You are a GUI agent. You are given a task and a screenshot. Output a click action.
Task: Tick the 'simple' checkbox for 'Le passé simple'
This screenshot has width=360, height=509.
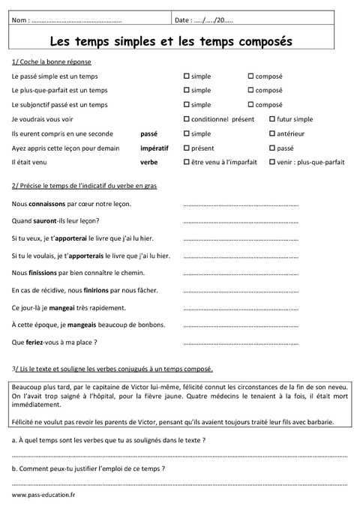pyautogui.click(x=186, y=76)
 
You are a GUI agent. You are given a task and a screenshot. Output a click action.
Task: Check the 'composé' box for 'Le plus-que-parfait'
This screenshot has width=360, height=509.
pyautogui.click(x=250, y=91)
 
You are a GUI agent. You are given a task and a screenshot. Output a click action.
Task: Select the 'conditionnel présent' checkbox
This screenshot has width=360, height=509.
pyautogui.click(x=186, y=119)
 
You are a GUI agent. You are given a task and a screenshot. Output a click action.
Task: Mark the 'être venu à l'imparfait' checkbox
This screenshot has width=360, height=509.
pyautogui.click(x=186, y=162)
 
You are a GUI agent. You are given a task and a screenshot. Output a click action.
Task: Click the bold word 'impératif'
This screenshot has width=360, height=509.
pyautogui.click(x=154, y=148)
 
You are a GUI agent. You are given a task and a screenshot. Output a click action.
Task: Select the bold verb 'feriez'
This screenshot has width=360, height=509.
pyautogui.click(x=37, y=342)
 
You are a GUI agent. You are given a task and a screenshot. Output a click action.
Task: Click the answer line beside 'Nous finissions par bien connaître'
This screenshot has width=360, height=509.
pyautogui.click(x=240, y=273)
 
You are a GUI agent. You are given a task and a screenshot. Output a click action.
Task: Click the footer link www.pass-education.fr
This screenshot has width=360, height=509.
pyautogui.click(x=43, y=496)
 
